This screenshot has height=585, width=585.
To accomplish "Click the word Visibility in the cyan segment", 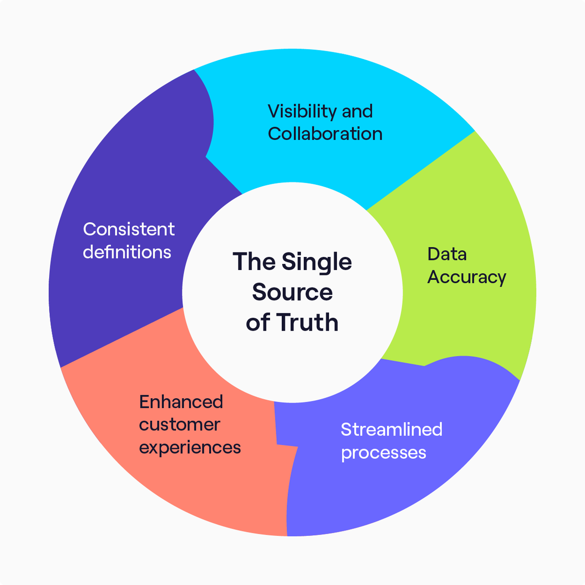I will pyautogui.click(x=302, y=112).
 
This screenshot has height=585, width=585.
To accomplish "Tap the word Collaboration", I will pyautogui.click(x=325, y=134).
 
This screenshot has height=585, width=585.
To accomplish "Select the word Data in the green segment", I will pyautogui.click(x=447, y=254).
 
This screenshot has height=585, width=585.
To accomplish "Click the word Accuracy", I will pyautogui.click(x=467, y=277).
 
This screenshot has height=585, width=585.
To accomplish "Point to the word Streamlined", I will pyautogui.click(x=391, y=429).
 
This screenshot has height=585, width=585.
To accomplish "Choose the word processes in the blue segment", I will pyautogui.click(x=383, y=453).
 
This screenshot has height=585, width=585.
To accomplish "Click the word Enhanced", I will pyautogui.click(x=181, y=402).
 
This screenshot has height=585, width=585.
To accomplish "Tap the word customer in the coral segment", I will pyautogui.click(x=179, y=425).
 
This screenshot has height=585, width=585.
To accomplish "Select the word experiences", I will pyautogui.click(x=190, y=448).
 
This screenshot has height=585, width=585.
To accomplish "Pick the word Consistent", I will pyautogui.click(x=129, y=229).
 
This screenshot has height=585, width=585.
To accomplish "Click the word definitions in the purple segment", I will pyautogui.click(x=127, y=252).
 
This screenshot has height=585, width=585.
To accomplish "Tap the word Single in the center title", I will pyautogui.click(x=316, y=262).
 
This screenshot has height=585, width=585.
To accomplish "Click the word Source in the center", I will pyautogui.click(x=292, y=292).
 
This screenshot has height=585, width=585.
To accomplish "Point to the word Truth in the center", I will pyautogui.click(x=307, y=322).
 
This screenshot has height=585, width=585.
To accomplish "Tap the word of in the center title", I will pyautogui.click(x=258, y=322).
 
